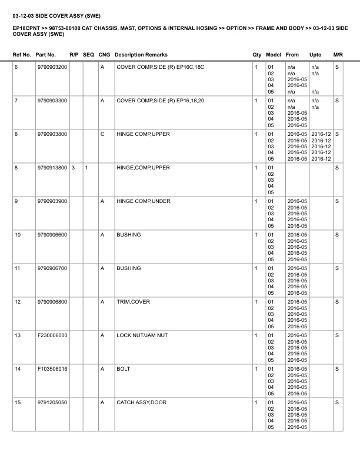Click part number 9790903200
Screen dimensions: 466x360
point(52,67)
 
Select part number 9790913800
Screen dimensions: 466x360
point(52,168)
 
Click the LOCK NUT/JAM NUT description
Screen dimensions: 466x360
point(142,335)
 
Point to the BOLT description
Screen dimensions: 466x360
point(124,369)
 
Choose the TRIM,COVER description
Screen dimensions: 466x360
point(134,302)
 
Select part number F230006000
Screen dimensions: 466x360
point(52,335)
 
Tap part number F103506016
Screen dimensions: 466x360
point(52,369)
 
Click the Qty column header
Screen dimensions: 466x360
point(256,55)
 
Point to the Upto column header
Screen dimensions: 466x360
point(315,55)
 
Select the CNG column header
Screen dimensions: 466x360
point(104,55)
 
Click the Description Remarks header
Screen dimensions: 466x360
point(141,55)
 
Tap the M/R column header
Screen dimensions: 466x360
point(338,55)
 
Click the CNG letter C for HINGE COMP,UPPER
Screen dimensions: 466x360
point(102,134)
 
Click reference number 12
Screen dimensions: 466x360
point(18,302)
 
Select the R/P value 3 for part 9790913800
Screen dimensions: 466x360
point(73,168)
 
